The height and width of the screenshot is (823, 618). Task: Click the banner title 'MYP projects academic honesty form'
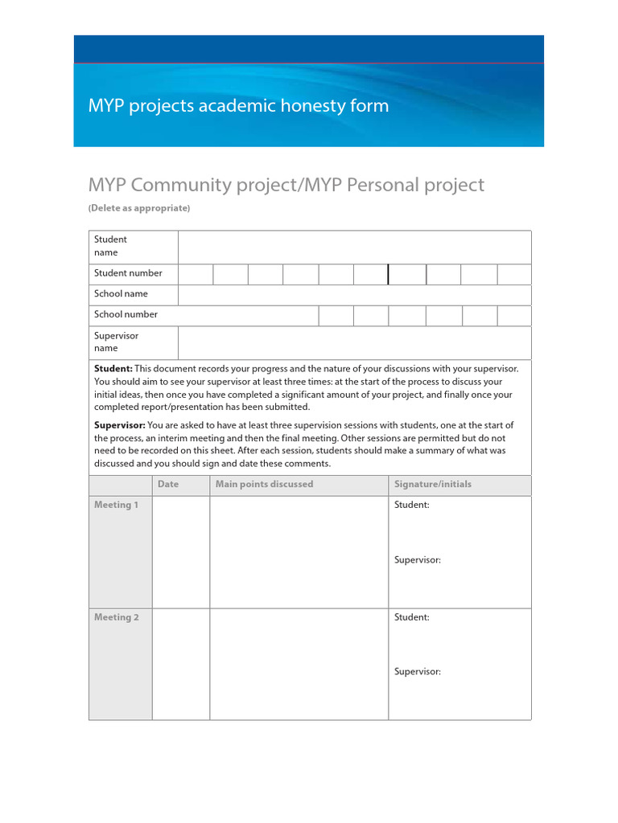pos(238,106)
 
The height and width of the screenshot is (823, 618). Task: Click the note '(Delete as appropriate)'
pos(139,208)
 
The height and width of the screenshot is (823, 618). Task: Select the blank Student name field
pos(354,247)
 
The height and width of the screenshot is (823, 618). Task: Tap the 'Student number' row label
pos(128,273)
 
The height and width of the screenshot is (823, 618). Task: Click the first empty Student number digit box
pos(196,274)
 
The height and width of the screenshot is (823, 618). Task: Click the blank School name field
pos(354,294)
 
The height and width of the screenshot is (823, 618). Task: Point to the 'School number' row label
pos(126,314)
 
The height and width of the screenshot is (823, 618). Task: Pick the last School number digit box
pos(514,315)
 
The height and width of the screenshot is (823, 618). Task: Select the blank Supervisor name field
pos(354,342)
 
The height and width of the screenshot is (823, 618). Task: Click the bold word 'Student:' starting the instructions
pos(113,368)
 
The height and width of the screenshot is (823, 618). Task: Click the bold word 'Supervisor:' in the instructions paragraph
pos(120,425)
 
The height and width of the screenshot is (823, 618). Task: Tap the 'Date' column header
pos(168,485)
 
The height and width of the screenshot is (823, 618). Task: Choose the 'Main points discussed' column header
pos(264,485)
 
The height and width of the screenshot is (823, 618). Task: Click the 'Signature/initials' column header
pos(433,485)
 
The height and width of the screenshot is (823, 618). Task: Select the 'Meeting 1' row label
pos(117,505)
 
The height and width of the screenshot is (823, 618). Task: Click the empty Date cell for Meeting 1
pos(181,551)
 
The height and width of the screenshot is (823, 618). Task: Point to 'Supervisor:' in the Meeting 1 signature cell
pos(418,560)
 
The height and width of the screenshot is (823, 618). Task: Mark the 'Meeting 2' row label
pos(117,617)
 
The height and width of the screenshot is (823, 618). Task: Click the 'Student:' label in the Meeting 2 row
pos(412,617)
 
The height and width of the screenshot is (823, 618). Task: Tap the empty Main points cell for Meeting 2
pos(299,664)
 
